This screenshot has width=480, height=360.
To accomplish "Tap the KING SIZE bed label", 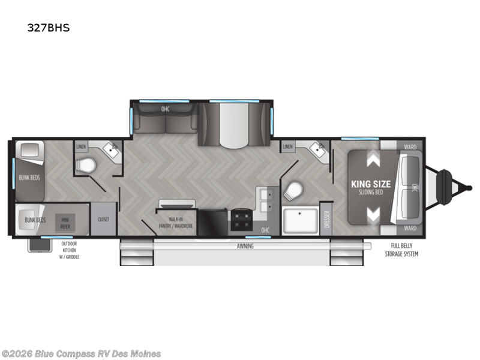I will pyautogui.click(x=371, y=184).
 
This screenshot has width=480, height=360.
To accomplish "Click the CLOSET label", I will pyautogui.click(x=103, y=220).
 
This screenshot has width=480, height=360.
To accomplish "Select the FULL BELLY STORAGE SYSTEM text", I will pyautogui.click(x=402, y=250).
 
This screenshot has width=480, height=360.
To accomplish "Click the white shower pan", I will pyautogui.click(x=300, y=220).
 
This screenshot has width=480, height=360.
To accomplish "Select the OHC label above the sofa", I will pyautogui.click(x=165, y=109).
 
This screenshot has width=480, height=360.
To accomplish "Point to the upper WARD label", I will pyautogui.click(x=410, y=147).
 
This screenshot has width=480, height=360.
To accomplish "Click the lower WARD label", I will pyautogui.click(x=410, y=229).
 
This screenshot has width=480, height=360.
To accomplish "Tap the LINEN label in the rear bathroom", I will pyautogui.click(x=81, y=146).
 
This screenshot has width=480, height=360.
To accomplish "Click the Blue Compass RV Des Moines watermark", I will pyautogui.click(x=82, y=353).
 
